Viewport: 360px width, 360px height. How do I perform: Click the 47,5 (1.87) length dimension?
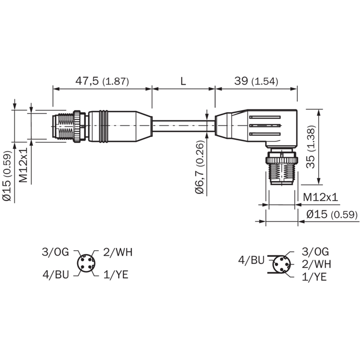coord(102,81)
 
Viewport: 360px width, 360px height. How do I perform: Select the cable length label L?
coord(183,81)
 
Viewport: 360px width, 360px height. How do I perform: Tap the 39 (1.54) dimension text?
coord(256,81)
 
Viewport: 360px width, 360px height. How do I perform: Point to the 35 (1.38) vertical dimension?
coord(310,147)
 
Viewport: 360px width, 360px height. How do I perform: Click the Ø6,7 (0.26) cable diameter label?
coord(200,167)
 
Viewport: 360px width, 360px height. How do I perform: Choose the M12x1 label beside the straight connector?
coord(23,165)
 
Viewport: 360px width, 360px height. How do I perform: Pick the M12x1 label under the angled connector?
coord(320,197)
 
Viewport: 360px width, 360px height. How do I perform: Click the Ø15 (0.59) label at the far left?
coord(7,175)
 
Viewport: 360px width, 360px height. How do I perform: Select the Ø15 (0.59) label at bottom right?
coord(332,214)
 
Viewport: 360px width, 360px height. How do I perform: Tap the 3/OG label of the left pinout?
coord(55,252)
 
